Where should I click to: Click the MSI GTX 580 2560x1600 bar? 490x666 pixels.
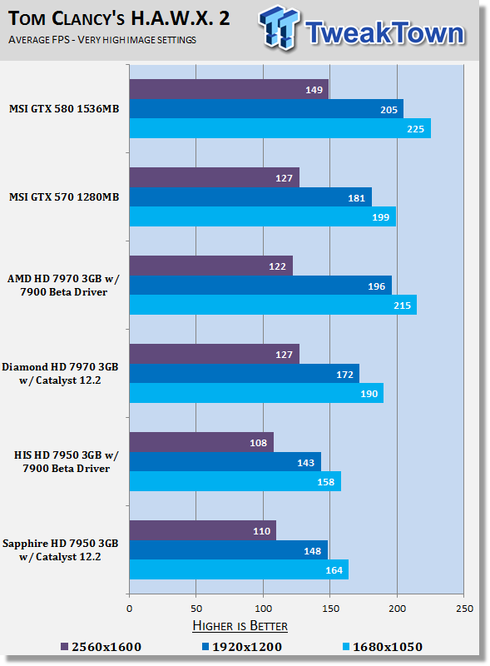(x=229, y=89)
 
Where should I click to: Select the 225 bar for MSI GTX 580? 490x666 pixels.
(x=280, y=128)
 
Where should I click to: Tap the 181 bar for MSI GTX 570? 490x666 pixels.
(x=250, y=197)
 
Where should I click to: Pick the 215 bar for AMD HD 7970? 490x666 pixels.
(x=273, y=305)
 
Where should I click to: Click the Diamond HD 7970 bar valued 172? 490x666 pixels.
(x=244, y=374)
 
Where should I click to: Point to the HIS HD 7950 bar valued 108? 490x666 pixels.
(x=201, y=442)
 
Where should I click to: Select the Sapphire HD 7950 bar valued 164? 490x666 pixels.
(x=239, y=569)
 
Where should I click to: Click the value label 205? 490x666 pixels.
(x=389, y=110)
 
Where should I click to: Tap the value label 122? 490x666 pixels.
(x=277, y=266)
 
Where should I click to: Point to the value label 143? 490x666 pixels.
(x=305, y=463)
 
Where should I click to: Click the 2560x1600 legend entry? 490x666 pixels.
(x=101, y=647)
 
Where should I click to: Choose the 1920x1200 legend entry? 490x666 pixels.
(x=242, y=647)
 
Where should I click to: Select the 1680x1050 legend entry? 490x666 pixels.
(x=383, y=647)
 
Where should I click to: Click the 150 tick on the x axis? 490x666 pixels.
(x=330, y=609)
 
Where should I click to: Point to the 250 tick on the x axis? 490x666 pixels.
(x=464, y=609)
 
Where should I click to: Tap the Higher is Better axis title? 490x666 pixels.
(x=240, y=626)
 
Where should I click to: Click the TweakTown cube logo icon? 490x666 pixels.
(x=280, y=27)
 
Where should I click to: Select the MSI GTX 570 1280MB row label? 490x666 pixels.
(x=64, y=197)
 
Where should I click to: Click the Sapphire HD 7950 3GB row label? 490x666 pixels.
(x=60, y=550)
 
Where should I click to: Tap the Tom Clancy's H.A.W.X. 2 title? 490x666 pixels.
(x=119, y=18)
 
